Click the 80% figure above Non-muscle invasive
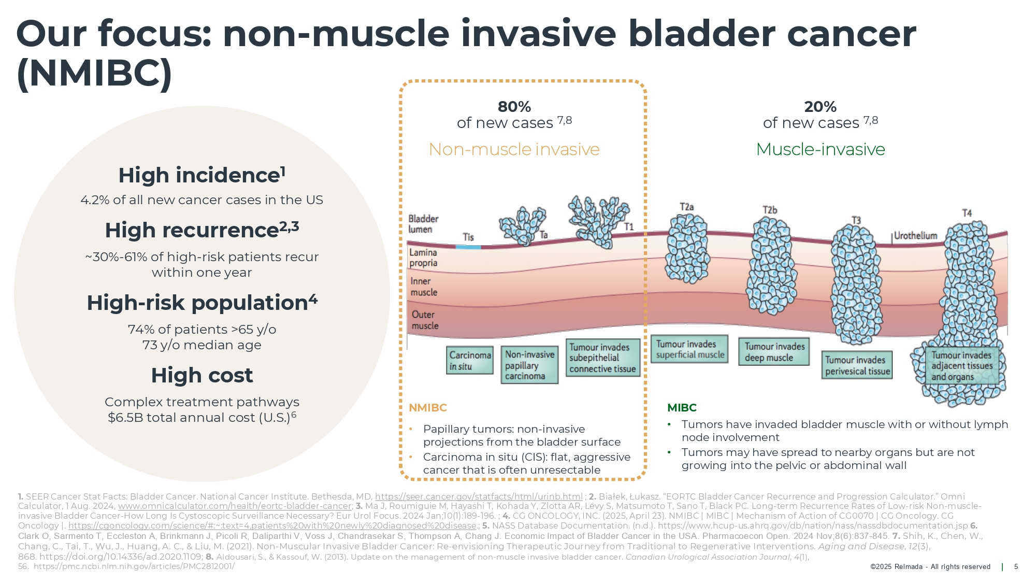click(x=514, y=107)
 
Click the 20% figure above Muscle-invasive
click(x=820, y=107)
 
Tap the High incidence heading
click(x=202, y=175)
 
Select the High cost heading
click(x=202, y=375)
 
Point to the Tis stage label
click(x=468, y=237)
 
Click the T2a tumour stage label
click(x=686, y=207)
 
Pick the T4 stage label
click(x=967, y=213)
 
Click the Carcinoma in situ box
click(x=470, y=360)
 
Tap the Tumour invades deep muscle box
click(x=774, y=352)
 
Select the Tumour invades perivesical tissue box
click(x=857, y=365)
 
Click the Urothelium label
click(x=915, y=236)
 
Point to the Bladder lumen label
click(x=423, y=224)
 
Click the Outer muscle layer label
click(x=425, y=320)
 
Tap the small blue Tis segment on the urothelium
click(x=468, y=247)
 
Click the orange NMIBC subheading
click(x=427, y=408)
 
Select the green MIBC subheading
click(x=682, y=408)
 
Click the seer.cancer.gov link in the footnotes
click(x=479, y=496)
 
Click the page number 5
click(x=1016, y=566)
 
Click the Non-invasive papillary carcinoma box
click(x=529, y=365)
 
